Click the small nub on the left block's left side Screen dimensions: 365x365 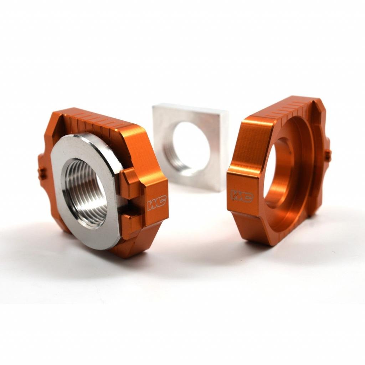tap(42, 173)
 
